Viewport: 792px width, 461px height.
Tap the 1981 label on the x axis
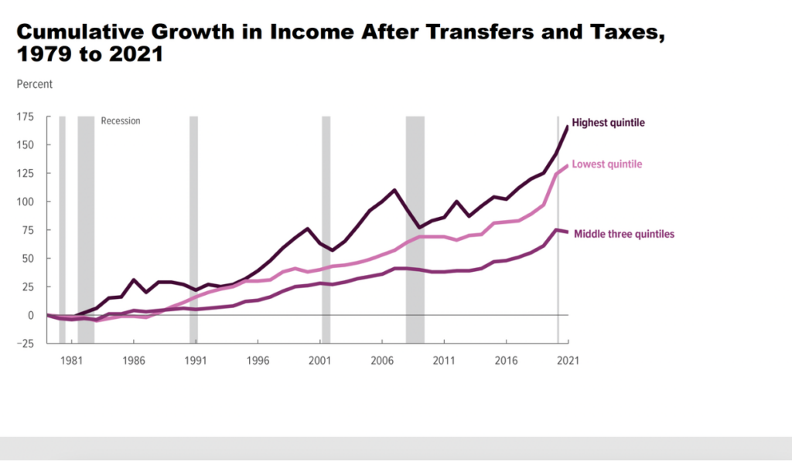coord(71,361)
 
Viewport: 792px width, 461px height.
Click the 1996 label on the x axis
coord(258,361)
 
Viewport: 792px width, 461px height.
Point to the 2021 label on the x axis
coord(567,361)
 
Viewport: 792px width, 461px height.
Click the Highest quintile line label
coord(608,123)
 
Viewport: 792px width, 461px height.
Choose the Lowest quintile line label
coord(606,164)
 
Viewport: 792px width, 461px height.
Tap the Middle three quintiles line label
coord(624,233)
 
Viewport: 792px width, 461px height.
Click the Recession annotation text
coord(121,121)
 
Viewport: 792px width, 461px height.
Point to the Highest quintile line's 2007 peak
coord(394,190)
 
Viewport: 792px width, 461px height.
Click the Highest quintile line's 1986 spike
coord(134,280)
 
